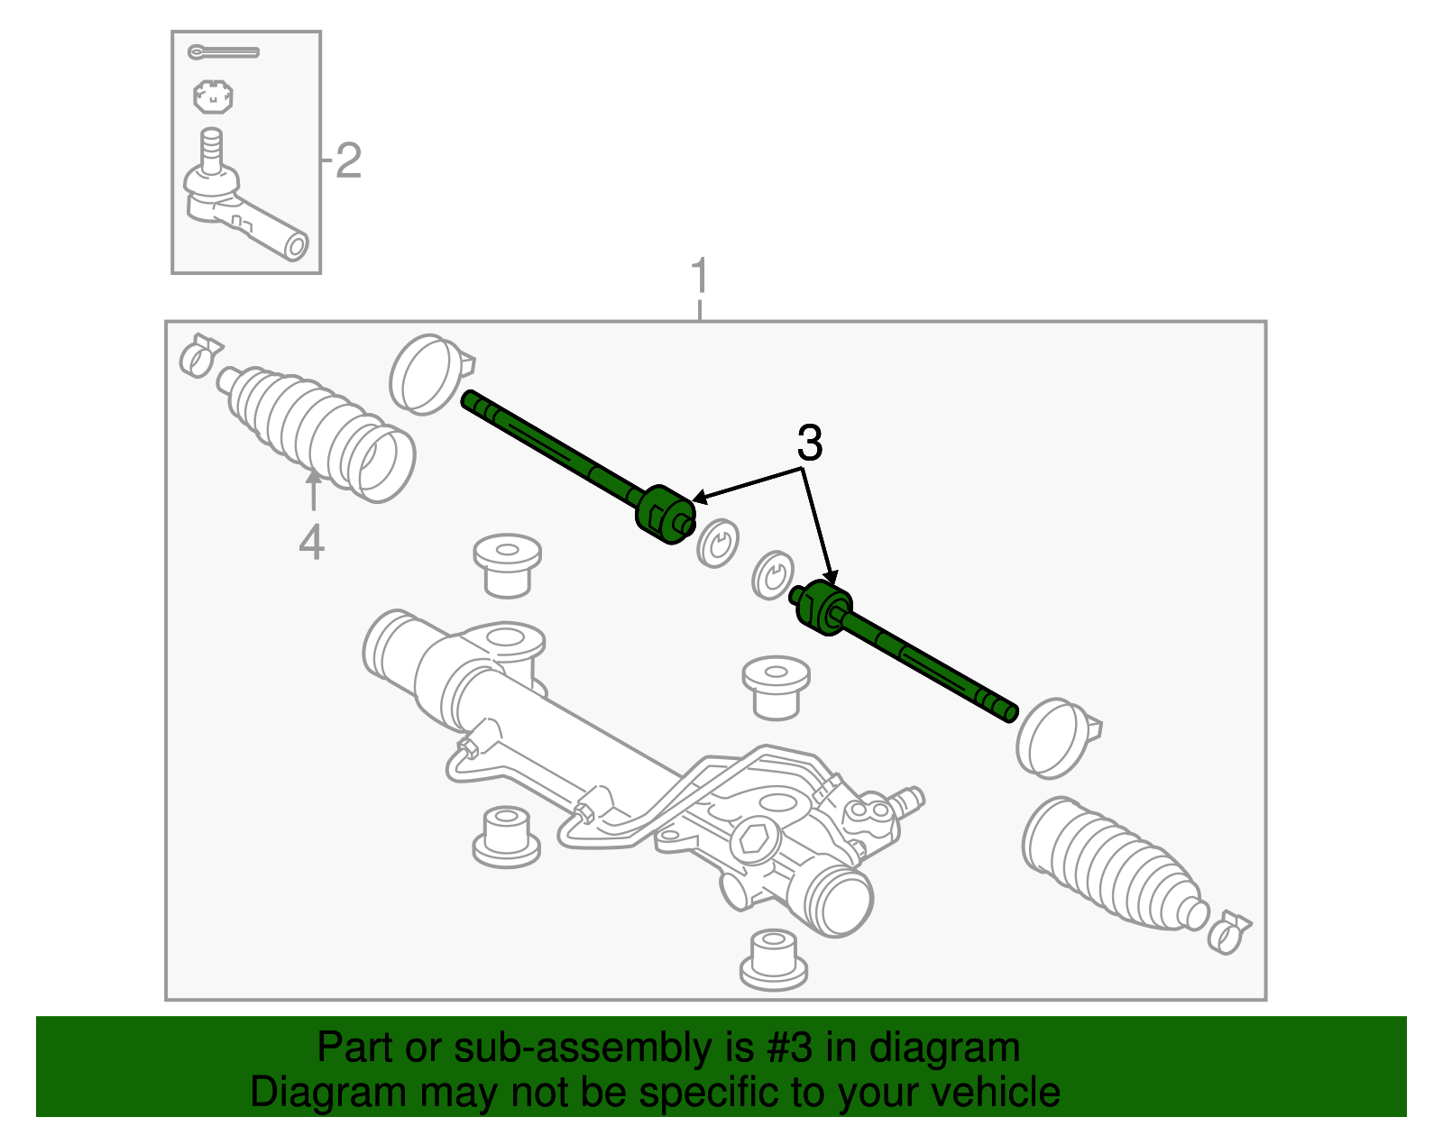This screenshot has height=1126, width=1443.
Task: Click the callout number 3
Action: [x=809, y=444]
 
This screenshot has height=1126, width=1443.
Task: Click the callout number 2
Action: [x=348, y=161]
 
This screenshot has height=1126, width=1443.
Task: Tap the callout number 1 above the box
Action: [x=700, y=276]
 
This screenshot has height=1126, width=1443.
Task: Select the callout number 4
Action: [x=311, y=543]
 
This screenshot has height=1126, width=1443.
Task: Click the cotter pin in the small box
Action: [x=223, y=52]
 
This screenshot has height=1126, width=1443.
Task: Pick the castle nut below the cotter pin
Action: [x=214, y=96]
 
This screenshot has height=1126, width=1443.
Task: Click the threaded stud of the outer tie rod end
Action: [x=211, y=150]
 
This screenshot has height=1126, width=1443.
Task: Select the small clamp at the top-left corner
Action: [x=200, y=355]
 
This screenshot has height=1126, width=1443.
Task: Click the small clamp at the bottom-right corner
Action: [x=1228, y=932]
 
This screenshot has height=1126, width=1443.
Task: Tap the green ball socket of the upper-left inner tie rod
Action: [x=664, y=515]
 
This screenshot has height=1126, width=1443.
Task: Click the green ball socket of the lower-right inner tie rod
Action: [x=823, y=607]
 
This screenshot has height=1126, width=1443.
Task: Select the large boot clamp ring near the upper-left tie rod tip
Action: [x=427, y=374]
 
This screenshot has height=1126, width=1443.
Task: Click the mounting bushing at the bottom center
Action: [x=773, y=960]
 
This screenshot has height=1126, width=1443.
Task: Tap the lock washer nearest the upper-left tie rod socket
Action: [x=718, y=543]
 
